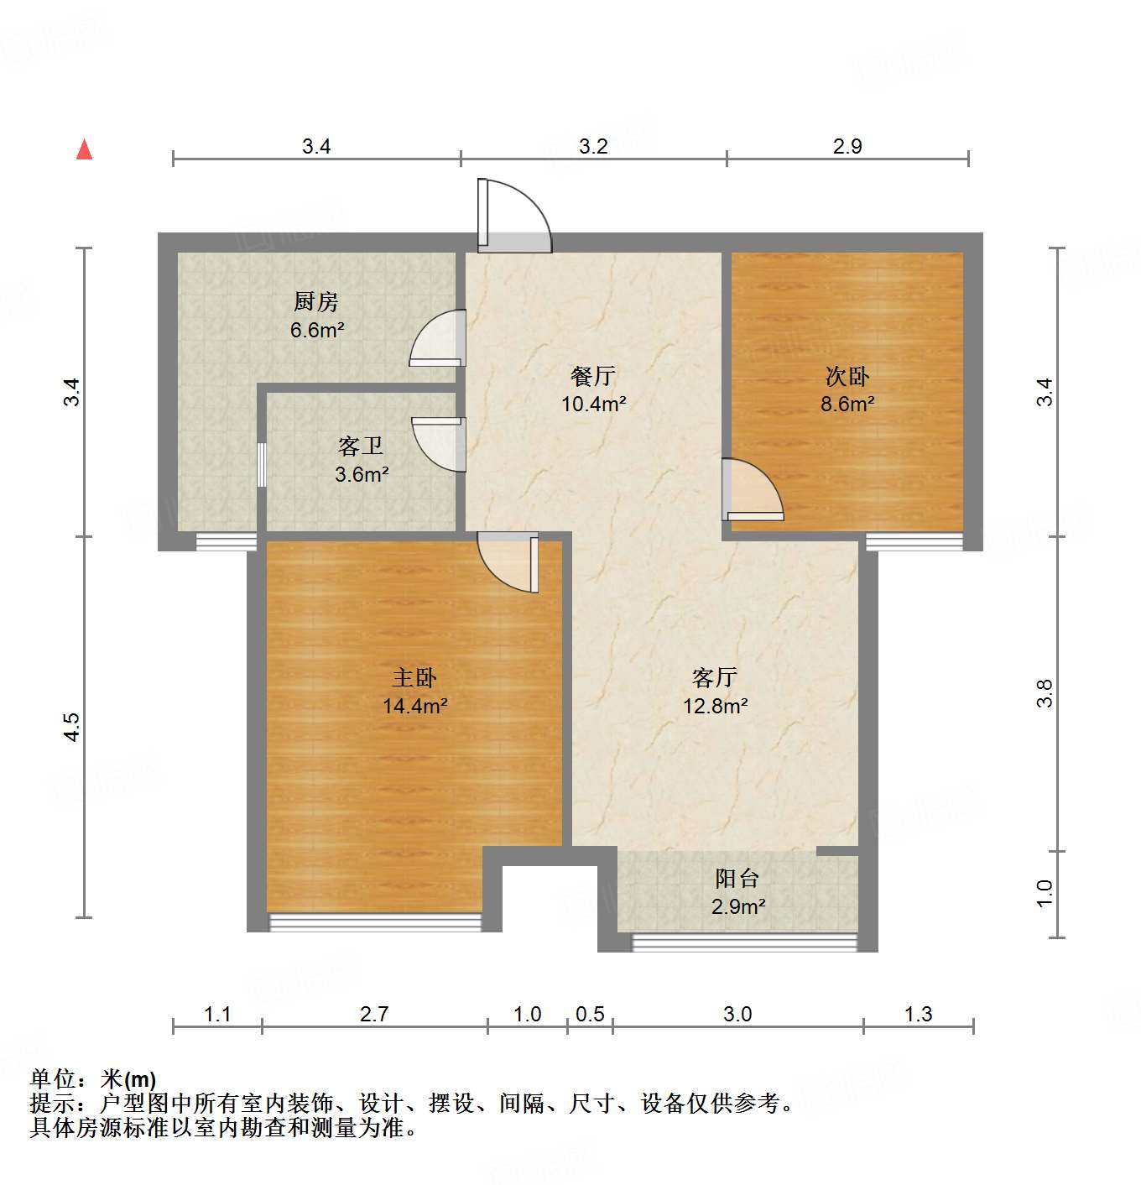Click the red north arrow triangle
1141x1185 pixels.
click(x=84, y=149)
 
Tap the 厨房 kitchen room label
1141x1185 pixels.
click(x=316, y=301)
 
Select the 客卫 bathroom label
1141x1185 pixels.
click(x=361, y=446)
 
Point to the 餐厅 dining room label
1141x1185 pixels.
click(x=593, y=375)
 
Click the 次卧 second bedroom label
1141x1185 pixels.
click(x=847, y=375)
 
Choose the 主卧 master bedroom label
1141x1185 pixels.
click(x=414, y=677)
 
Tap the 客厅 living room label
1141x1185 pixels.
click(x=715, y=677)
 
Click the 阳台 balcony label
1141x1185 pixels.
click(x=737, y=879)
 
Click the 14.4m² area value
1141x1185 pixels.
click(x=414, y=706)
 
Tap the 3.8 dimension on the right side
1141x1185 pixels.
click(x=1045, y=693)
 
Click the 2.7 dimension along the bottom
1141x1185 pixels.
click(x=374, y=1014)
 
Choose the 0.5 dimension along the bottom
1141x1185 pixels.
click(x=590, y=1014)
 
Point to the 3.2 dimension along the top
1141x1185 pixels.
click(x=593, y=146)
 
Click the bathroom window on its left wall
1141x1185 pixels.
click(x=262, y=464)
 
